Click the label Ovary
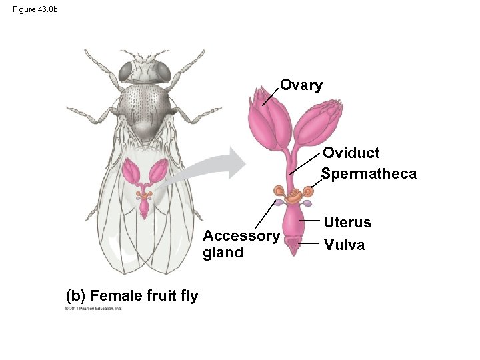[301, 85]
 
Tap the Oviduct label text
[351, 153]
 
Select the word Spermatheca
[369, 174]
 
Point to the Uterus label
[347, 222]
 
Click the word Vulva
[344, 245]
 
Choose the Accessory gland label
[241, 244]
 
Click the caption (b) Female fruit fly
[132, 295]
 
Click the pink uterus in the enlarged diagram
[293, 223]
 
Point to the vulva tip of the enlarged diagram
[293, 248]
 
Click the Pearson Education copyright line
[93, 309]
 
